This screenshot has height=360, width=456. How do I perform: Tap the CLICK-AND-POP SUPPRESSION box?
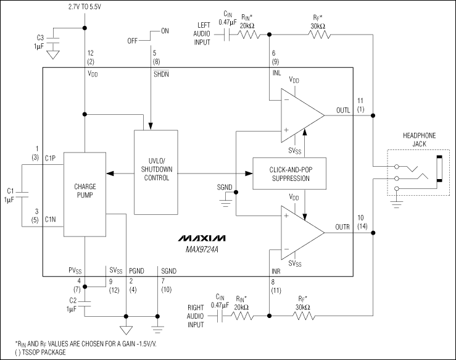(289, 174)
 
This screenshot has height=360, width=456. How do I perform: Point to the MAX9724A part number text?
(203, 248)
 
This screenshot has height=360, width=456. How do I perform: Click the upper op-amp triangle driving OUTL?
(299, 115)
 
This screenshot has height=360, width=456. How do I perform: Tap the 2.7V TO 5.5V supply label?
(85, 7)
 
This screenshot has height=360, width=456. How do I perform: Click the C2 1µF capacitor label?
(72, 304)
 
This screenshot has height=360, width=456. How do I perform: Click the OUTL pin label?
(342, 111)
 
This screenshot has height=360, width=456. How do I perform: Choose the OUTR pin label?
(342, 228)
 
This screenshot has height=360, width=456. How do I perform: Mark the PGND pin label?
(136, 270)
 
